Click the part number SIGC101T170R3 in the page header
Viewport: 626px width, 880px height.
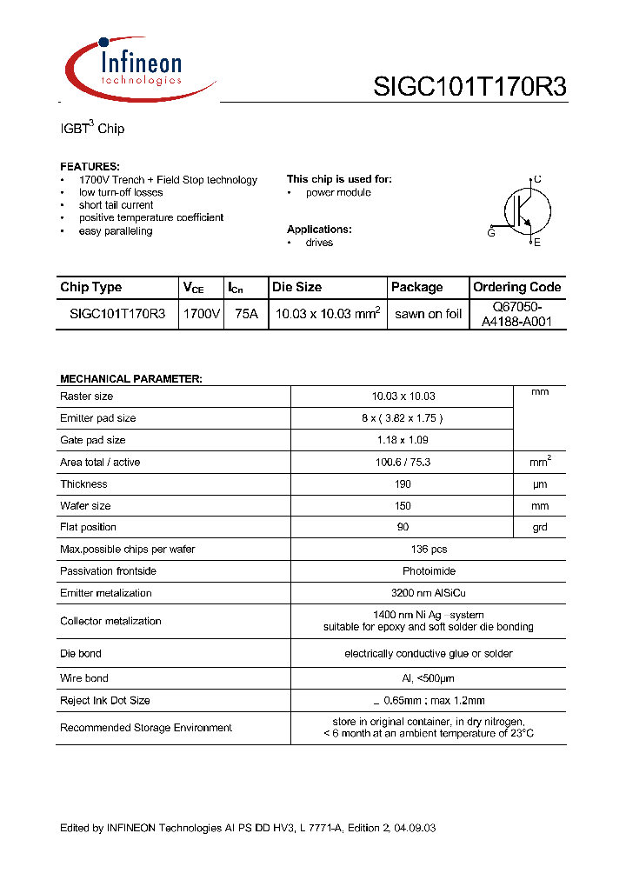pos(469,87)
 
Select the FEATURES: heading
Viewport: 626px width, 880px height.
pos(90,166)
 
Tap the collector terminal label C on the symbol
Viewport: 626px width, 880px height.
pos(537,179)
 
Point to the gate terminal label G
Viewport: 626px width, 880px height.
pos(491,233)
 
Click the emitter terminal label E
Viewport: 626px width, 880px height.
pos(537,243)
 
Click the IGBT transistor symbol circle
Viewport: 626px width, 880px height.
pos(527,211)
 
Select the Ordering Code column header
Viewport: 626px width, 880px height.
pos(516,287)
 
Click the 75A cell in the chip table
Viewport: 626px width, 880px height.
pos(246,314)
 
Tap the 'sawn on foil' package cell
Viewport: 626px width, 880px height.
pos(428,314)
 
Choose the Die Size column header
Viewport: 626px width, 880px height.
pos(296,287)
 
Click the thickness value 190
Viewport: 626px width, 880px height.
pos(403,484)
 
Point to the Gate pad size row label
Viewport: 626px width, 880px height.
pos(93,440)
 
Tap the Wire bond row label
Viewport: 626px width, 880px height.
pos(84,678)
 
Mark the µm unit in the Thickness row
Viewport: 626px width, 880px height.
pos(540,484)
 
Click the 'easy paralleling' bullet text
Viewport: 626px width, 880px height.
pos(116,231)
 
